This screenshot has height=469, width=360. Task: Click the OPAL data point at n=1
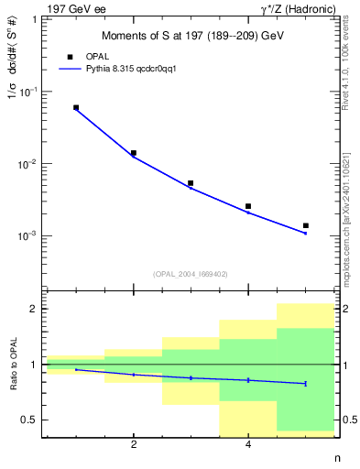click(x=76, y=107)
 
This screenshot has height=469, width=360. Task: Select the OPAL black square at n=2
click(x=134, y=153)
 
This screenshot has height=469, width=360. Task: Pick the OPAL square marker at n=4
click(x=248, y=206)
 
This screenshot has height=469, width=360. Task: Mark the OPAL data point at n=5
click(x=305, y=225)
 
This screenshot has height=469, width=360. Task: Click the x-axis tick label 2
click(x=134, y=445)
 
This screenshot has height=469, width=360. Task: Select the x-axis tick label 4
click(x=248, y=445)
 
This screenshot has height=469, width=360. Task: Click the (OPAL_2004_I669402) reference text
click(x=190, y=273)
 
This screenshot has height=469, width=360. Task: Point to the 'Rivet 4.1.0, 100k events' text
click(x=345, y=65)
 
